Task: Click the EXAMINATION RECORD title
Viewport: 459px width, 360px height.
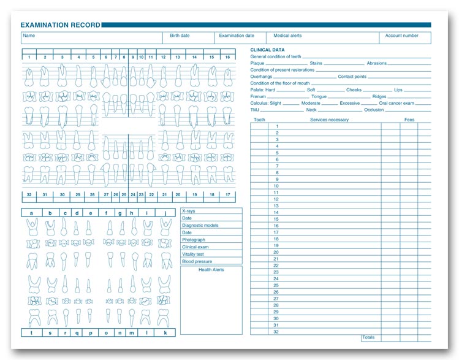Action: tap(60, 25)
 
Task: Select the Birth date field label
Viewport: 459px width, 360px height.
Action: tap(180, 36)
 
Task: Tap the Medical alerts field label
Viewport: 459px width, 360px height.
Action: tap(287, 36)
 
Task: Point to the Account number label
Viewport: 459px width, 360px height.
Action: tap(401, 36)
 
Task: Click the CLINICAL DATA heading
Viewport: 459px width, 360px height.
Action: tap(267, 50)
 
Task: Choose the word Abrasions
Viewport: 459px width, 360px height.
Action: tap(377, 63)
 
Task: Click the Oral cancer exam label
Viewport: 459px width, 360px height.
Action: tap(396, 103)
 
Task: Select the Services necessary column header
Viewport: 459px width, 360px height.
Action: tap(329, 120)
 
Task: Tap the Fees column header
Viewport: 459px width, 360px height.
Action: tap(409, 120)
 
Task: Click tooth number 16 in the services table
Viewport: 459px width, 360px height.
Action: tap(276, 226)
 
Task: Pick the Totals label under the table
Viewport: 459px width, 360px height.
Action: tap(368, 337)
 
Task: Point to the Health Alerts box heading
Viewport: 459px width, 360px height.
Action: tap(211, 269)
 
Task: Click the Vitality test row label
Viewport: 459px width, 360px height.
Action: tap(193, 255)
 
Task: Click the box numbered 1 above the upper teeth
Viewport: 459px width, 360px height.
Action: tap(29, 57)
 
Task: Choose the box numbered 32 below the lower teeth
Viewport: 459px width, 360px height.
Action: tap(29, 194)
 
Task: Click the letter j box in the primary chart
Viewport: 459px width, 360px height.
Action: tap(165, 213)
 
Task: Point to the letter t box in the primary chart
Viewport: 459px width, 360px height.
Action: tap(31, 332)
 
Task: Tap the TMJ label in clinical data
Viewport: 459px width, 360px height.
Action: tap(254, 110)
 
